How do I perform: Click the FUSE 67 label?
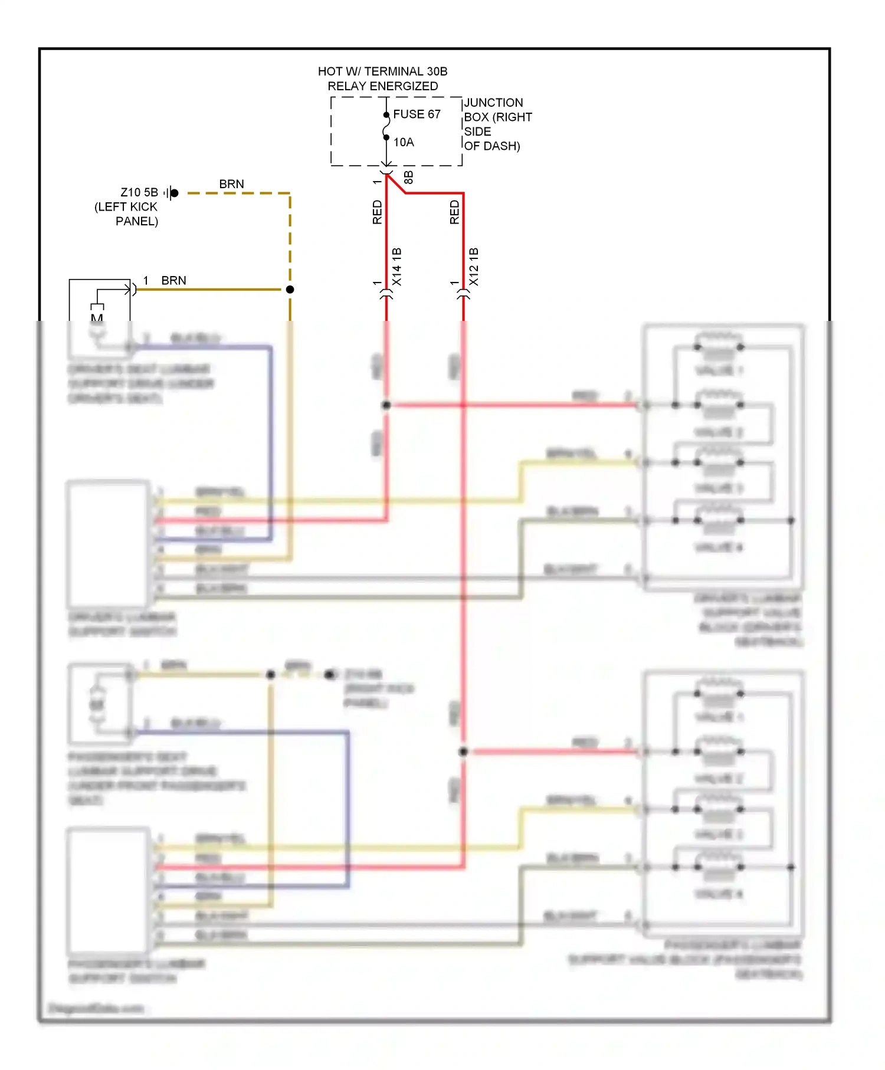pyautogui.click(x=417, y=114)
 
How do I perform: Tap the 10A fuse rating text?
pyautogui.click(x=404, y=142)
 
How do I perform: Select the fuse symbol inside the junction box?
pyautogui.click(x=386, y=127)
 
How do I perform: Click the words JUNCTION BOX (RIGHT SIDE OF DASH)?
pyautogui.click(x=497, y=124)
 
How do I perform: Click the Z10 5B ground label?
pyautogui.click(x=139, y=192)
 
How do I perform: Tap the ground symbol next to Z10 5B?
pyautogui.click(x=171, y=193)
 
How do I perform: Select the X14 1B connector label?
pyautogui.click(x=397, y=267)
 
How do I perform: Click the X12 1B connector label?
pyautogui.click(x=474, y=267)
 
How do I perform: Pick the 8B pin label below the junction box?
pyautogui.click(x=408, y=178)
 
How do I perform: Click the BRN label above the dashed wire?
pyautogui.click(x=231, y=184)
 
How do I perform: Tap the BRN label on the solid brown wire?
pyautogui.click(x=173, y=281)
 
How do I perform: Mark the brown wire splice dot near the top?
pyautogui.click(x=290, y=290)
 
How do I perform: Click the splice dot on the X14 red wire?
pyautogui.click(x=386, y=405)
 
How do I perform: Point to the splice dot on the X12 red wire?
pyautogui.click(x=464, y=751)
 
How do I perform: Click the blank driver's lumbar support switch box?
pyautogui.click(x=108, y=544)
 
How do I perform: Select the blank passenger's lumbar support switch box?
pyautogui.click(x=108, y=891)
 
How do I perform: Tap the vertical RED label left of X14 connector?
pyautogui.click(x=378, y=212)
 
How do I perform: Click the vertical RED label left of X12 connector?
pyautogui.click(x=454, y=212)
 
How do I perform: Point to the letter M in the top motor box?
pyautogui.click(x=97, y=318)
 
